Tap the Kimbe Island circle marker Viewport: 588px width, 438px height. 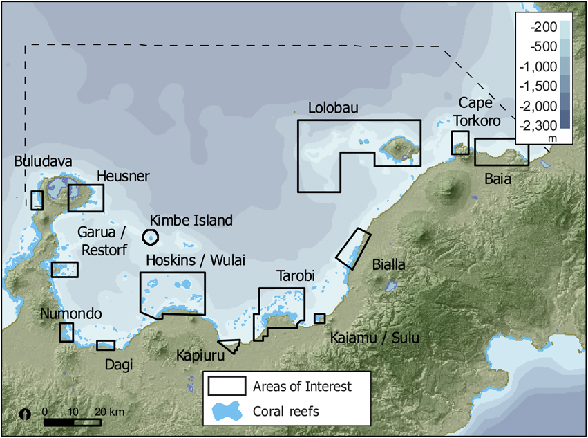[x=150, y=237]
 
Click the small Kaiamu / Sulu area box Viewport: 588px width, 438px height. [x=319, y=318]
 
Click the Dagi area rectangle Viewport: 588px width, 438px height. [x=106, y=345]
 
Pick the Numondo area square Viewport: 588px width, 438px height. [x=66, y=331]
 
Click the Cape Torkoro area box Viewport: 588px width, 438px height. [x=460, y=143]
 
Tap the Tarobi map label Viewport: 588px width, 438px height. [x=296, y=276]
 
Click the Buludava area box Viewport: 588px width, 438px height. [x=37, y=200]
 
